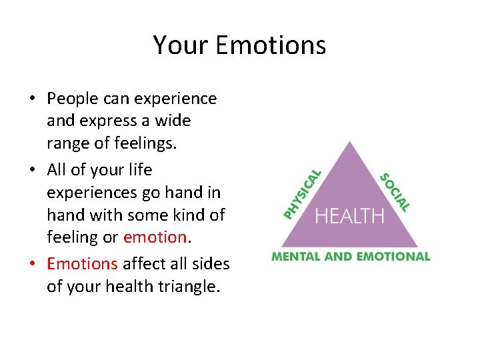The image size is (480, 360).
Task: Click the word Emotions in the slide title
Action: click(x=271, y=45)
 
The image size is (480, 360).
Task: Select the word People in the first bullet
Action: click(x=71, y=99)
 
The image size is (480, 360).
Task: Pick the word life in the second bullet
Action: click(x=139, y=170)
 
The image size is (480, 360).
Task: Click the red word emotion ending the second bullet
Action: click(x=155, y=237)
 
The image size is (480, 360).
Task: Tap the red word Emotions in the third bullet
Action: click(x=82, y=264)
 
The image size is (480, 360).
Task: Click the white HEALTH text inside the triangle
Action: click(x=349, y=216)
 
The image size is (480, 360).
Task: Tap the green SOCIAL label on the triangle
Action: click(x=395, y=192)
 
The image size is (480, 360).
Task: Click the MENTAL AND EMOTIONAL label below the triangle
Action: click(x=350, y=257)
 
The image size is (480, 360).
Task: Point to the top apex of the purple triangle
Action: click(x=351, y=143)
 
